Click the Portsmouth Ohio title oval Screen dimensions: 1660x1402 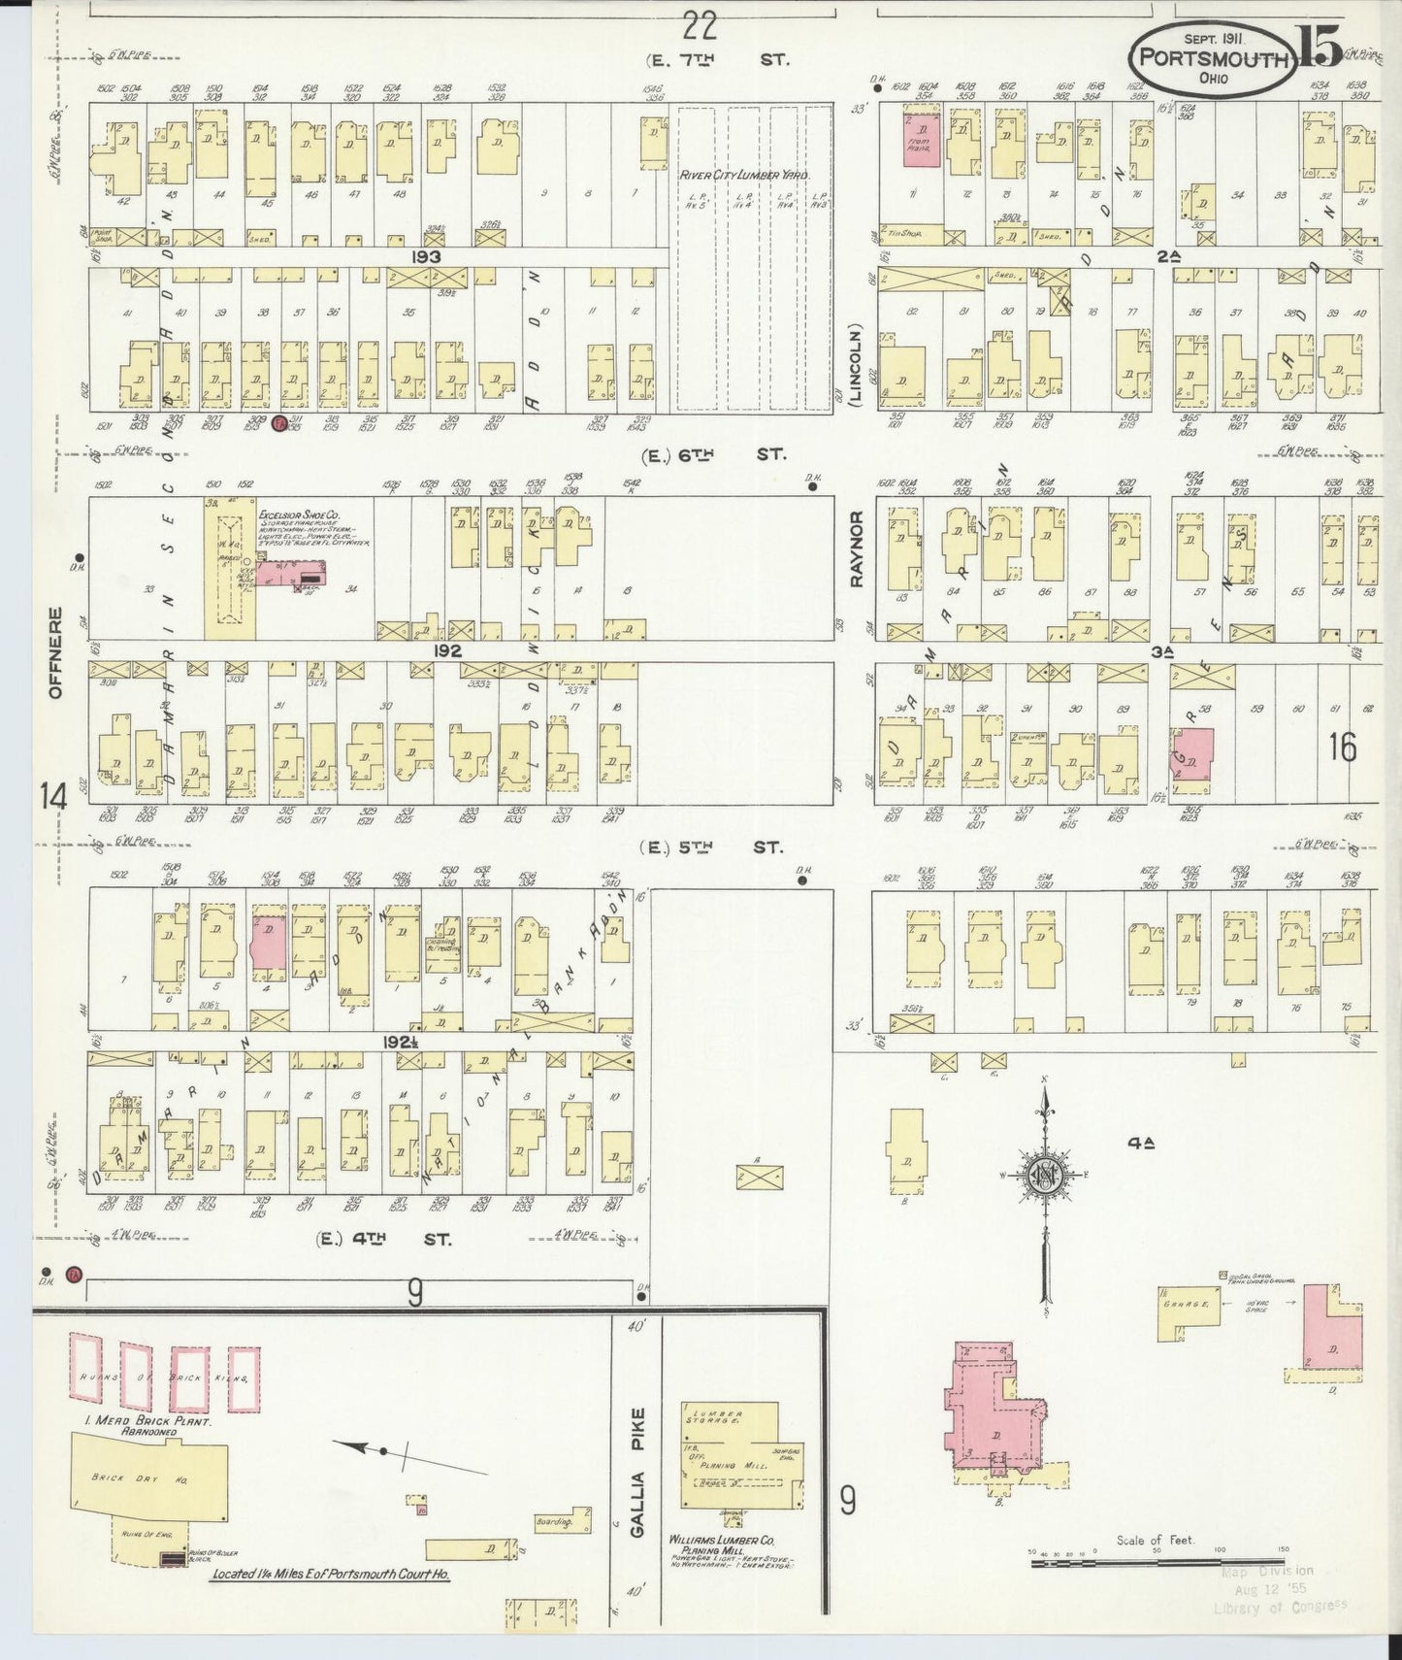pos(1212,59)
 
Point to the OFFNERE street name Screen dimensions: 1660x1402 pos(55,652)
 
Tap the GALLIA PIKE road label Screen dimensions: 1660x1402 pos(636,1472)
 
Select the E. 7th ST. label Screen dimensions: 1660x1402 pos(719,59)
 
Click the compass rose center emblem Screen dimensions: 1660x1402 pos(1046,1173)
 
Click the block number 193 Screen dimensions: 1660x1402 pos(426,256)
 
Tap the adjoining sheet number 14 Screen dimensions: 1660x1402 pos(53,797)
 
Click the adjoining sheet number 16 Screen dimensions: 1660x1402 pos(1343,747)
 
